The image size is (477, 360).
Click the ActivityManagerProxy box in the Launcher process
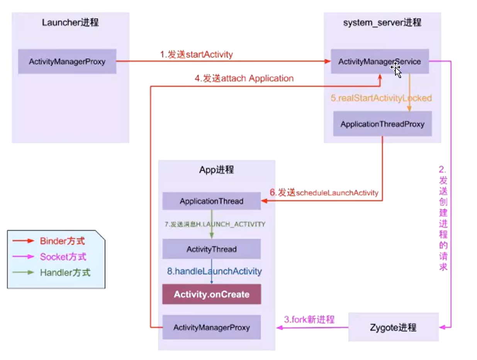tap(67, 61)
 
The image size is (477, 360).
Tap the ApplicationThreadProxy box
tap(382, 124)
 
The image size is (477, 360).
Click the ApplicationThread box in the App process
tap(211, 201)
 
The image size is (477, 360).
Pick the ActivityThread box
tap(211, 249)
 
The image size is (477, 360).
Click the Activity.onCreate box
tap(211, 294)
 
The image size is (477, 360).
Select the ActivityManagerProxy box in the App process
tap(211, 327)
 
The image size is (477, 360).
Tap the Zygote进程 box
tap(393, 327)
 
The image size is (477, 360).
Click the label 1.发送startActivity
tap(197, 54)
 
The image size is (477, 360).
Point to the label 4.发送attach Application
tap(244, 78)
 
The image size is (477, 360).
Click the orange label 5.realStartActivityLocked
tap(381, 98)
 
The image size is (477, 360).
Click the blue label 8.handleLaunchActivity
tap(214, 271)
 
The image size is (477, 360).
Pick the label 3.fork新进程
tap(309, 319)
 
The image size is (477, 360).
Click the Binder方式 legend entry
tap(62, 242)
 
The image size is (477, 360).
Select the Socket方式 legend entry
tap(63, 257)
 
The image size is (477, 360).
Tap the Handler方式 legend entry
tap(65, 273)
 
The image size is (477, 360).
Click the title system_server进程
tap(382, 22)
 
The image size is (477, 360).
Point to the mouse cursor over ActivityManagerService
tap(396, 71)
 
